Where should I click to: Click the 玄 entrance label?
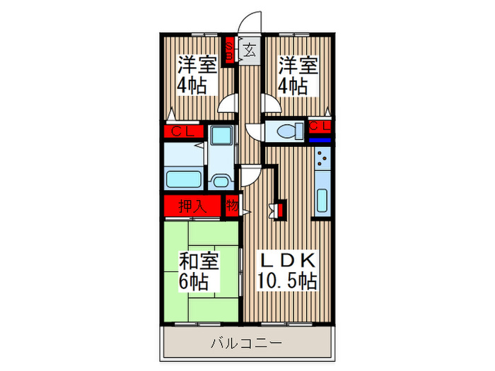(250, 50)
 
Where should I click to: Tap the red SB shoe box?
(231, 52)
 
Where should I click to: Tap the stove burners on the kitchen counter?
(321, 160)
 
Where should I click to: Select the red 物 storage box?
(232, 206)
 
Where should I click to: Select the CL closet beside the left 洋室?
(183, 131)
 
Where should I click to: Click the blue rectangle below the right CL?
(320, 139)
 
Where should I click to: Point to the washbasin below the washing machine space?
(222, 180)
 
